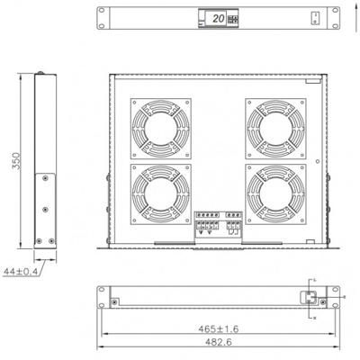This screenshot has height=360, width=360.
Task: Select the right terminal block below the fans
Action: tap(236, 223)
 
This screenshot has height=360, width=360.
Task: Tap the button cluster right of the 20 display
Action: tap(237, 18)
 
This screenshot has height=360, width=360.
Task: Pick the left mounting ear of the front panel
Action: tap(102, 18)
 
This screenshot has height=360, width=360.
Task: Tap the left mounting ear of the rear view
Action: tap(102, 300)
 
